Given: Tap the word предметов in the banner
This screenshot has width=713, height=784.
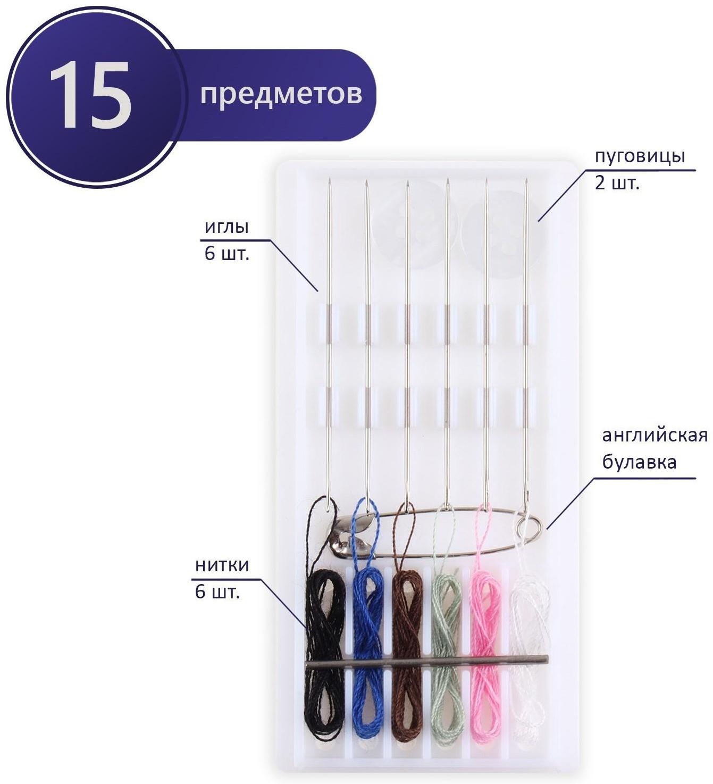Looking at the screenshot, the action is pos(281,95).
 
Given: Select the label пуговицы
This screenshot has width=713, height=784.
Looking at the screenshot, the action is pos(640,157).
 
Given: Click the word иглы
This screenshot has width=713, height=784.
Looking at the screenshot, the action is pos(227,227).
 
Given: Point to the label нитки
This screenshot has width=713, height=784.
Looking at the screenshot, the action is pos(222,565).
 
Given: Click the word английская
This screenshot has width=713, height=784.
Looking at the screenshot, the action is pos(655,436).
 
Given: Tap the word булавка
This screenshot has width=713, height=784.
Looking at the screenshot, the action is pos(639,462).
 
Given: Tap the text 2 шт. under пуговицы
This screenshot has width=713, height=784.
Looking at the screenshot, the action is pos(617,184).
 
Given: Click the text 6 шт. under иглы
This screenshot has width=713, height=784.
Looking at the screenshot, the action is pos(227,254).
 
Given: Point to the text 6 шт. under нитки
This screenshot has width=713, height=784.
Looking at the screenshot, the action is pos(217,592).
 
